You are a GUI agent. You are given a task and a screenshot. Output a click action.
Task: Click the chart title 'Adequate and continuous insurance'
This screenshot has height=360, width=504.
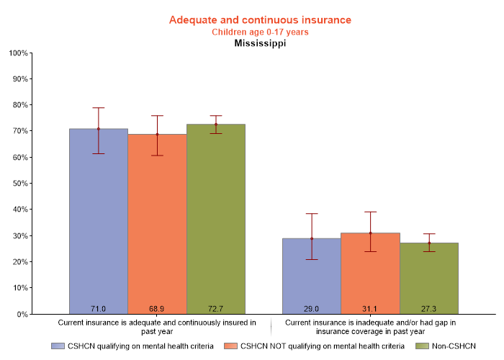pyautogui.click(x=260, y=19)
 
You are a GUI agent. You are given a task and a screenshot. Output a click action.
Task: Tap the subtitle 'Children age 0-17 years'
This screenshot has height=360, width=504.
pyautogui.click(x=260, y=32)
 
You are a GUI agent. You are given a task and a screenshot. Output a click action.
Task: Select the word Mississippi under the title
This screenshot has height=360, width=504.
pyautogui.click(x=260, y=43)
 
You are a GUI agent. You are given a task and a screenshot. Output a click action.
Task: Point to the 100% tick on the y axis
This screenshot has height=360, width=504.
pyautogui.click(x=19, y=53)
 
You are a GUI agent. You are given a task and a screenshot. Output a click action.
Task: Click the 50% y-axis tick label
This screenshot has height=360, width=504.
pyautogui.click(x=19, y=184)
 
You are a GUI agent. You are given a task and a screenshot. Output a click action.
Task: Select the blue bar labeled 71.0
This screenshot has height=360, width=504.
pyautogui.click(x=99, y=230)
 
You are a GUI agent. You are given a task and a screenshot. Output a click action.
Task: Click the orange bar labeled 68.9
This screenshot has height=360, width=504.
pyautogui.click(x=157, y=230)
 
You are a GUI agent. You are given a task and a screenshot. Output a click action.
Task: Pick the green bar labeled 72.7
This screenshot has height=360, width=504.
pyautogui.click(x=216, y=230)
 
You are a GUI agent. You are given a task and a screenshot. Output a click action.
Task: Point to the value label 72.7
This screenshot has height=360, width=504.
pyautogui.click(x=216, y=308)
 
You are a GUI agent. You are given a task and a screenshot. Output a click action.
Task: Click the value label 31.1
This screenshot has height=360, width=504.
pyautogui.click(x=370, y=308)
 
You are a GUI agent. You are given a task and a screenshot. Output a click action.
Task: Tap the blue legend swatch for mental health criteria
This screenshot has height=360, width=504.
pyautogui.click(x=58, y=346)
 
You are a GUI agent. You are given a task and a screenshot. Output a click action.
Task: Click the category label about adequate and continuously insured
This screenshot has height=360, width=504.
pyautogui.click(x=157, y=327)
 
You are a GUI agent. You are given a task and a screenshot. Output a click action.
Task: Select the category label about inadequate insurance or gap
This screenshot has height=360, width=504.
pyautogui.click(x=370, y=327)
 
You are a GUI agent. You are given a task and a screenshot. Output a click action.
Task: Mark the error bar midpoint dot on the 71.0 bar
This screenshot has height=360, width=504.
pyautogui.click(x=99, y=129)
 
